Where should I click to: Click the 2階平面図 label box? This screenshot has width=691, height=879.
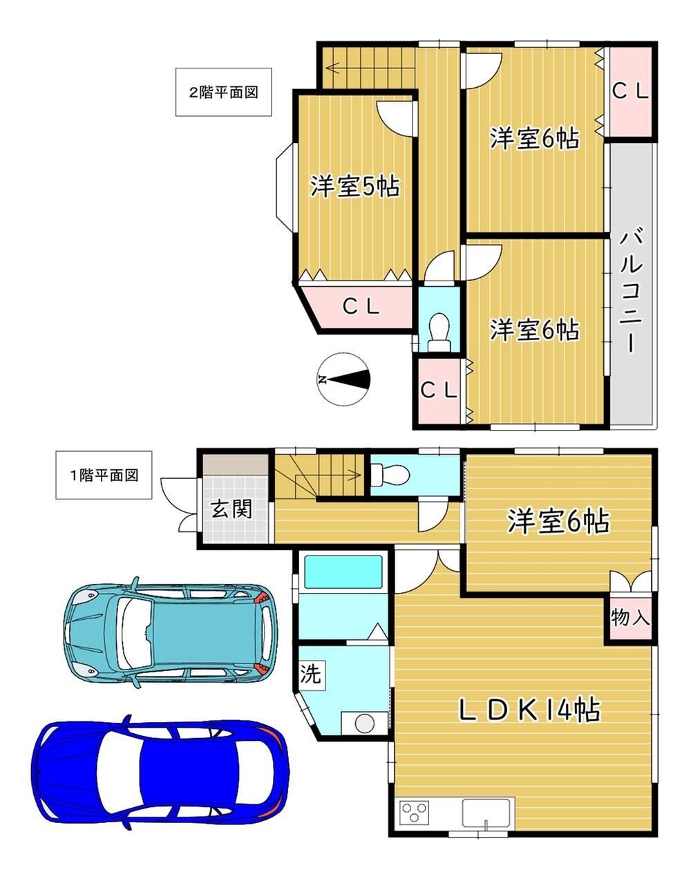[223, 92]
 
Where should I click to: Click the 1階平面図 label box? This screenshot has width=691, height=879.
[104, 475]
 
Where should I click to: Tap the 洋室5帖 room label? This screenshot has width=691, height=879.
[355, 187]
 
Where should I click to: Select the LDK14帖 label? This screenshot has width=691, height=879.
[530, 710]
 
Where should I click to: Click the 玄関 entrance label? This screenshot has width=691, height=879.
[231, 509]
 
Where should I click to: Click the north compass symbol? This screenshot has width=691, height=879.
[343, 379]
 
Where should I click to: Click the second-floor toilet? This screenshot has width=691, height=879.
[439, 331]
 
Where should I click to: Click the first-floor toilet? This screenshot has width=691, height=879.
[390, 475]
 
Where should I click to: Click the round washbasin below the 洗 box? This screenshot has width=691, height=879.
[364, 724]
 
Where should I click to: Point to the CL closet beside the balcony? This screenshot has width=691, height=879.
[630, 92]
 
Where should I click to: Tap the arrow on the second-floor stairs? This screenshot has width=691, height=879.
[371, 67]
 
